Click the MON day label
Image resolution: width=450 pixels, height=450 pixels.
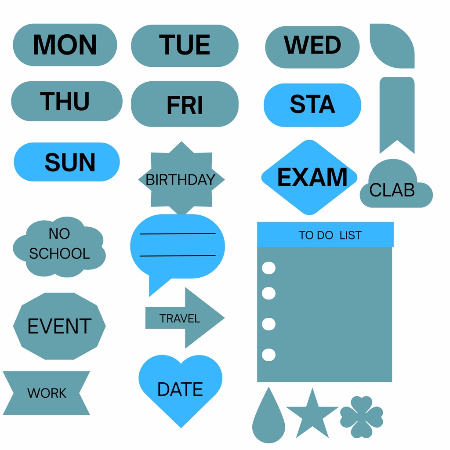click(65, 45)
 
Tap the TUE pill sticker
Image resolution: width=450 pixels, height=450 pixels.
click(185, 46)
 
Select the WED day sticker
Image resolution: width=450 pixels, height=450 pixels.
click(312, 47)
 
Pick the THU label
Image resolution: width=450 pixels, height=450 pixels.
click(67, 102)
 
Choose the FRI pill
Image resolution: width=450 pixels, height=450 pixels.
click(185, 104)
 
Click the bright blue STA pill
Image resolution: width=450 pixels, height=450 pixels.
click(312, 105)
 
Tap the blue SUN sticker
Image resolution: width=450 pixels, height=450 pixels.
click(67, 162)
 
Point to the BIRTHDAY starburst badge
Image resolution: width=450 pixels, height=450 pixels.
click(181, 178)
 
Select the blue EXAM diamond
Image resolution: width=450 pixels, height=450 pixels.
click(309, 178)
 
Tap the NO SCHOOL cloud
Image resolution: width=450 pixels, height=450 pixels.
click(59, 247)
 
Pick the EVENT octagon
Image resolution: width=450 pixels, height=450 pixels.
click(59, 326)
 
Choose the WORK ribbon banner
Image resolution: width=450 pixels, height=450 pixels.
click(47, 393)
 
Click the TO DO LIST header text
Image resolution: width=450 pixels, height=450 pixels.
click(330, 235)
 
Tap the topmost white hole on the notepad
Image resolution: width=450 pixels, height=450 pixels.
click(269, 268)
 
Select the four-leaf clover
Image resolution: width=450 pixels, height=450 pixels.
click(362, 417)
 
